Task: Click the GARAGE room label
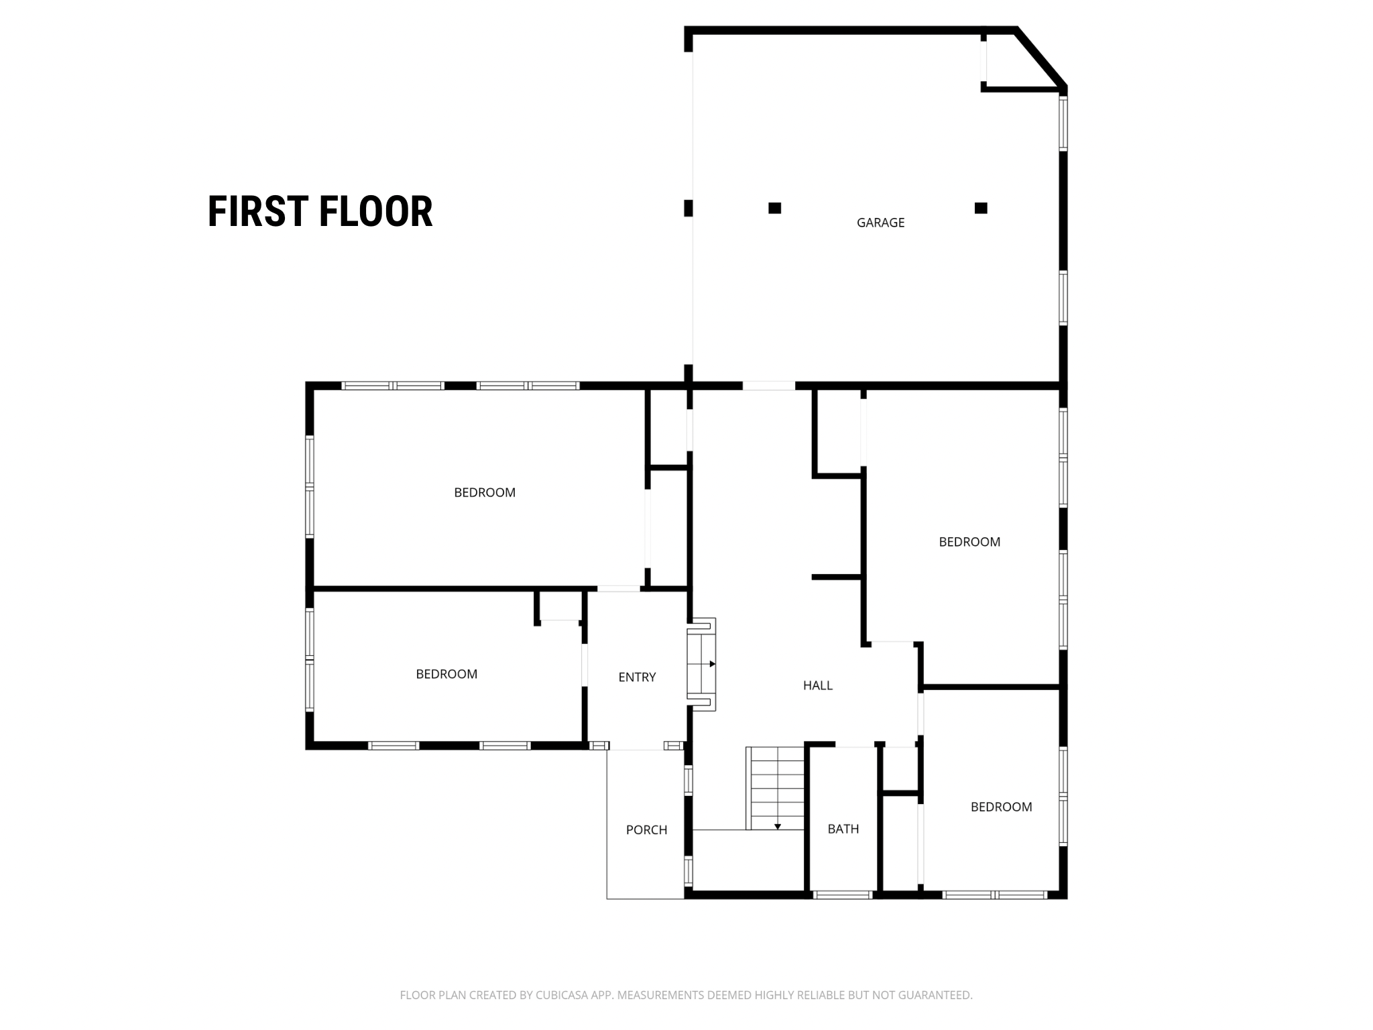pos(880,223)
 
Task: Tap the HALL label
pos(818,685)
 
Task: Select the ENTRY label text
pos(637,677)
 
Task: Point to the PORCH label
pos(646,830)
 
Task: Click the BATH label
pos(843,829)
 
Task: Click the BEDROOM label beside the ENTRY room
pos(446,674)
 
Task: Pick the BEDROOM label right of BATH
pos(1002,807)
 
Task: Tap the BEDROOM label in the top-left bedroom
pos(485,492)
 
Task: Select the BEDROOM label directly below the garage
pos(969,542)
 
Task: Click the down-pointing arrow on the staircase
pos(778,825)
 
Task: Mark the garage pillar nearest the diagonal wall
pos(981,208)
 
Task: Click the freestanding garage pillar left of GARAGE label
pos(774,208)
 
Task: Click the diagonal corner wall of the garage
pos(1040,57)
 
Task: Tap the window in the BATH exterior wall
pos(843,895)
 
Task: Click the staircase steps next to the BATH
pos(776,788)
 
